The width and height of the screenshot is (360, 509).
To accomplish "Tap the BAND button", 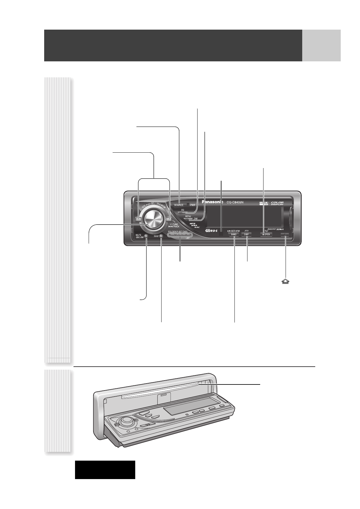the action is [x=234, y=235].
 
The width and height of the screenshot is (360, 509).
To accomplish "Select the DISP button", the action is [x=247, y=235].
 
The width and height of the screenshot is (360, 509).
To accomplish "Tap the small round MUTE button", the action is [x=146, y=236].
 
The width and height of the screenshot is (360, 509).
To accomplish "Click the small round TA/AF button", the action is [x=161, y=236].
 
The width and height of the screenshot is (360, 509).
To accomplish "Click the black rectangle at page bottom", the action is [x=105, y=470].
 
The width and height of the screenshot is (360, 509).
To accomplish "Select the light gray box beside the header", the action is [x=321, y=45].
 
